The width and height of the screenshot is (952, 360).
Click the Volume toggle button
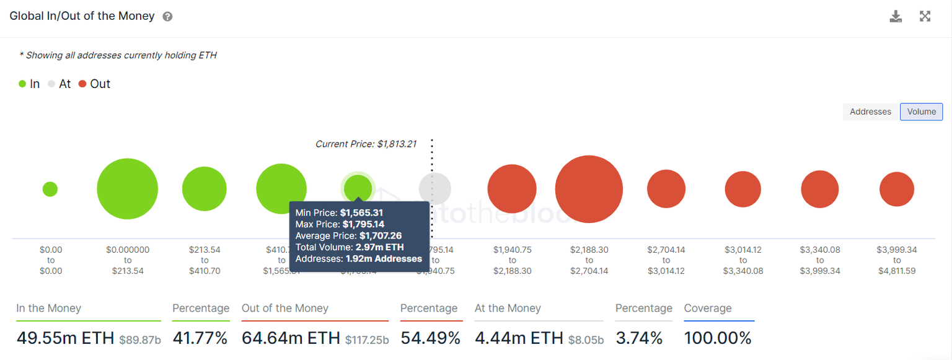click(x=921, y=112)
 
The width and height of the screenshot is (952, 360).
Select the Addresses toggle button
click(x=870, y=112)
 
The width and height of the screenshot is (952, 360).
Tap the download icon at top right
click(x=896, y=17)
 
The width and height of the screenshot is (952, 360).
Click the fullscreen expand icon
click(x=925, y=17)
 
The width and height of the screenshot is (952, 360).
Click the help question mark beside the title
click(x=167, y=17)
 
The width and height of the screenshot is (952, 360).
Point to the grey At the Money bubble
click(x=434, y=189)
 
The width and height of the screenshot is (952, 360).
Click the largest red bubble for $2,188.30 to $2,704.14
click(x=589, y=189)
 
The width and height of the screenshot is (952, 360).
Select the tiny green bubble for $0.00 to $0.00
click(x=50, y=189)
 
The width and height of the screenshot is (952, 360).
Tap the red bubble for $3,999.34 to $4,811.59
click(x=896, y=189)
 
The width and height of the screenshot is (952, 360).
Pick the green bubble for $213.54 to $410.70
click(x=205, y=189)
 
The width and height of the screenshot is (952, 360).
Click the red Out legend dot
click(x=82, y=84)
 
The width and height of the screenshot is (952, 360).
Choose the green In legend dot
click(x=22, y=84)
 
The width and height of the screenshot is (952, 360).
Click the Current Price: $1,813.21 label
click(x=366, y=144)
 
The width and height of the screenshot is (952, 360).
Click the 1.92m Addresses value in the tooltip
click(x=383, y=258)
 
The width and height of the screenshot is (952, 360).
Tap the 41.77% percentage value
click(x=200, y=338)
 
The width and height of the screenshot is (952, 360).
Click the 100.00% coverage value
click(x=717, y=338)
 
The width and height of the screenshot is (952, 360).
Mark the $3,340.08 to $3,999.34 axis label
click(x=819, y=260)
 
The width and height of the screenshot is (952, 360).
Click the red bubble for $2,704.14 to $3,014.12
click(x=666, y=189)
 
